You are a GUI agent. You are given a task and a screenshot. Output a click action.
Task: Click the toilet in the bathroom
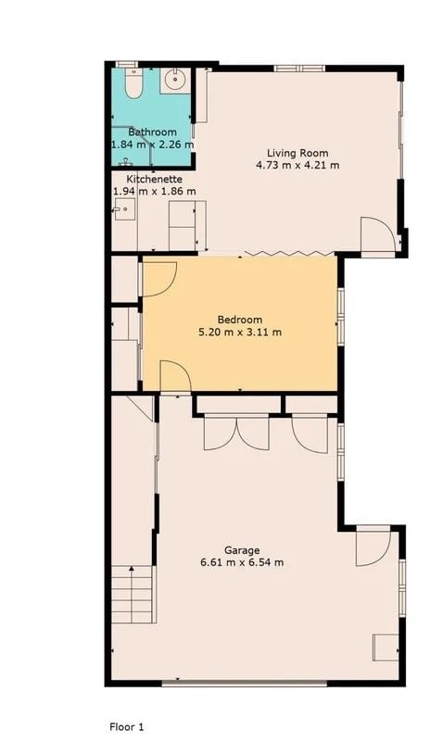point(133,83)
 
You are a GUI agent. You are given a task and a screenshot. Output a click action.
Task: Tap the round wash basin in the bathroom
point(175,80)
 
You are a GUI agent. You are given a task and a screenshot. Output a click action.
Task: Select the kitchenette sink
point(124,209)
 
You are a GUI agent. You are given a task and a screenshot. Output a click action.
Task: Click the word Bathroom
point(152,132)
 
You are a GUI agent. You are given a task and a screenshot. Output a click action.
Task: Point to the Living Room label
point(297,153)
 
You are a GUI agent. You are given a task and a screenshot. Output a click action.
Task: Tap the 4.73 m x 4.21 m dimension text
point(297,165)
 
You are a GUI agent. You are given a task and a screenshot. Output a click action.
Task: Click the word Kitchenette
point(154,180)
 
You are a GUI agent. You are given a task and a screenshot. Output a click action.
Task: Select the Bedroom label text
point(240,320)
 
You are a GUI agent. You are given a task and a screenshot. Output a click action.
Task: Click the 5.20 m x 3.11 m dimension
point(240,332)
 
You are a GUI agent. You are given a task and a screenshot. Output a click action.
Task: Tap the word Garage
point(242,550)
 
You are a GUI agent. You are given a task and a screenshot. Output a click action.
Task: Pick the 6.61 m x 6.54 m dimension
point(242,562)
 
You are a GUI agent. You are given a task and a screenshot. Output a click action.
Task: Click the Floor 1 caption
point(126,726)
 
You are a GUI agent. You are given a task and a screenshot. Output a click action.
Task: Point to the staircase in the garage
point(133,595)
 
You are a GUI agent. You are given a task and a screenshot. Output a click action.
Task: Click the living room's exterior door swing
point(378,234)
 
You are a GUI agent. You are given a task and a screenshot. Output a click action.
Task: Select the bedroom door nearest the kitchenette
point(159,279)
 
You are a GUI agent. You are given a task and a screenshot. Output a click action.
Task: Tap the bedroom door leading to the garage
point(175,376)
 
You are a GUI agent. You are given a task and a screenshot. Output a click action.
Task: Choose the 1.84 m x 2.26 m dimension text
point(152,145)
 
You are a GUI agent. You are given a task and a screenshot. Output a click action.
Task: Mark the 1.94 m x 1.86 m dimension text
point(154,192)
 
